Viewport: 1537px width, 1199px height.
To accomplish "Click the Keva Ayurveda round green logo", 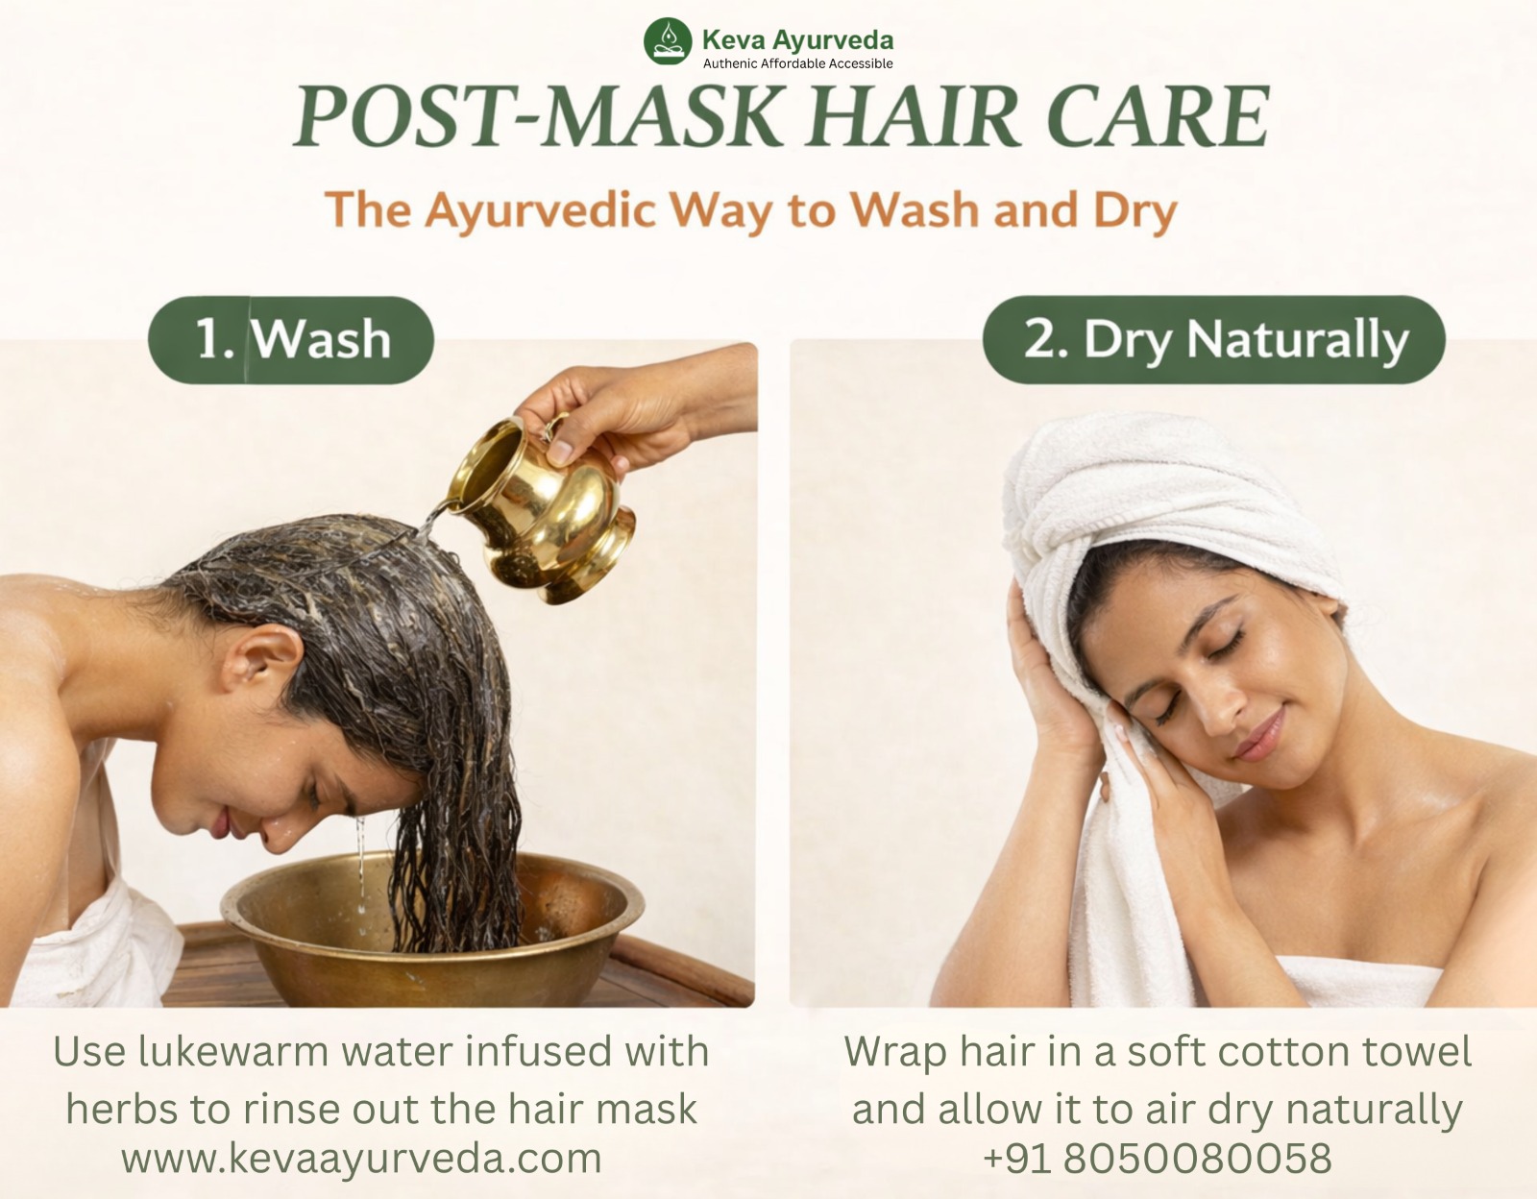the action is pyautogui.click(x=667, y=41).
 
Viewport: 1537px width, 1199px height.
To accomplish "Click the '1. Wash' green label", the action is pyautogui.click(x=291, y=339).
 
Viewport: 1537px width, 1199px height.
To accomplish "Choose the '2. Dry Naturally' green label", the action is pyautogui.click(x=1214, y=339).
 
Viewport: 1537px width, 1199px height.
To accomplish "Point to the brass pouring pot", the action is pyautogui.click(x=541, y=508).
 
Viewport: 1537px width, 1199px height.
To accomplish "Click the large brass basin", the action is pyautogui.click(x=431, y=928).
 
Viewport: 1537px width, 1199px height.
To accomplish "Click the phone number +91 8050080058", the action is pyautogui.click(x=1158, y=1158).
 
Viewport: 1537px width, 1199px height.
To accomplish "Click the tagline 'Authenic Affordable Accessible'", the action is pyautogui.click(x=798, y=63).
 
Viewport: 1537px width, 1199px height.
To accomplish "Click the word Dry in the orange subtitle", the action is pyautogui.click(x=1134, y=210).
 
